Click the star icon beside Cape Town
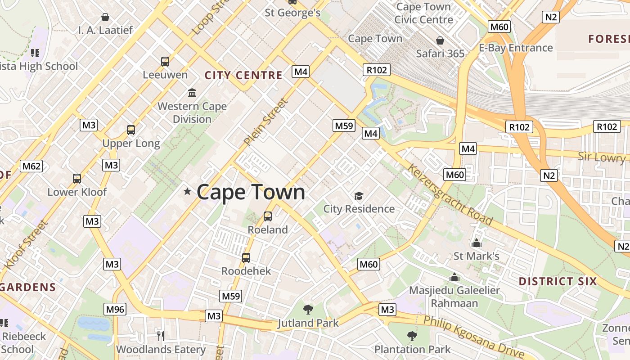click(x=187, y=192)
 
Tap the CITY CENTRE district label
click(x=243, y=75)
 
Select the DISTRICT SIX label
click(x=558, y=282)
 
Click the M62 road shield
click(x=31, y=166)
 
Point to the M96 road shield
click(x=115, y=309)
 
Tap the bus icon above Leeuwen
click(x=165, y=62)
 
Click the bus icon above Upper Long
click(x=131, y=130)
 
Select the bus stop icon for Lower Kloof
click(x=77, y=179)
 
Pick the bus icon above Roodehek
click(x=246, y=258)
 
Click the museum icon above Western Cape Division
click(x=192, y=93)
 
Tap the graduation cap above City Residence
click(x=359, y=196)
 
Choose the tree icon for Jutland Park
click(x=308, y=310)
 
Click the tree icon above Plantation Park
click(x=412, y=336)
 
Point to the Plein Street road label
click(x=265, y=122)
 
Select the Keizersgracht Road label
click(x=450, y=195)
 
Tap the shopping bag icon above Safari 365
click(x=440, y=40)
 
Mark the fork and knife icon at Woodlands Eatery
click(x=160, y=336)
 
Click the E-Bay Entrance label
click(x=516, y=48)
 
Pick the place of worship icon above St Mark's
click(x=477, y=243)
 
